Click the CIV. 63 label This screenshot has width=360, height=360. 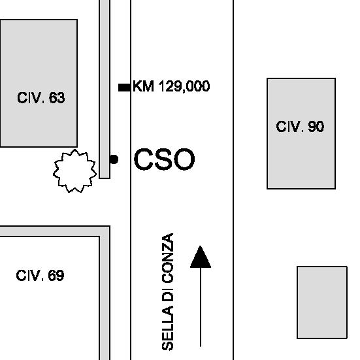point(41,97)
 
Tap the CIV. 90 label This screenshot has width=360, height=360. point(300,126)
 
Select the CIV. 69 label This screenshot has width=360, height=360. point(40,275)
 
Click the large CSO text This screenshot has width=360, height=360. point(165,159)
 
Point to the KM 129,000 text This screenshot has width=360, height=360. point(171,86)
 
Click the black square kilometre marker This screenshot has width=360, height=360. point(124,88)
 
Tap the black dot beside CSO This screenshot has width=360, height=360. point(114,159)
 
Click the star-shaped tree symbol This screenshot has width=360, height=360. point(74,171)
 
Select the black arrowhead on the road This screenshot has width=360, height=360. point(201,257)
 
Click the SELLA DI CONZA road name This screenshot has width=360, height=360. point(168,291)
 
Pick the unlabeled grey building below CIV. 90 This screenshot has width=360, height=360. point(322,302)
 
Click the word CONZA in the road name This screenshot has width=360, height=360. point(168,258)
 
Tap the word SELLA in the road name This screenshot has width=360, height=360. point(168,329)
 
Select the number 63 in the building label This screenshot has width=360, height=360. point(57,97)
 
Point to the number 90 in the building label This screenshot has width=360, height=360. point(316,126)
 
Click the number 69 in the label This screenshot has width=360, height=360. point(56,275)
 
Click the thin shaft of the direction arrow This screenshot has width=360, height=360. point(201,307)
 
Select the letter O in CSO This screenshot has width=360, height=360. point(184,159)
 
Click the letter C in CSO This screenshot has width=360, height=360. point(144,159)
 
